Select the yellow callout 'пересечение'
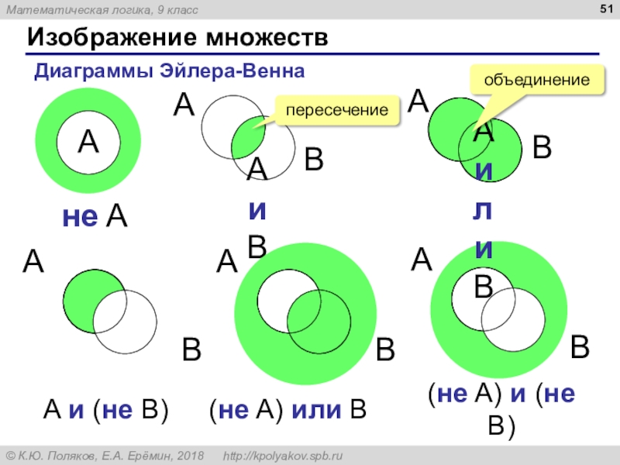pos(336,110)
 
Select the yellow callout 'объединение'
pos(537,80)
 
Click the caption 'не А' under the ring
pos(95,218)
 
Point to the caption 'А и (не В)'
pos(105,409)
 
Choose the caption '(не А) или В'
pos(287,409)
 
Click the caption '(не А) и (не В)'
pos(501,406)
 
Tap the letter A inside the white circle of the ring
pos(88,142)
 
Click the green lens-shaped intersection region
pos(249,136)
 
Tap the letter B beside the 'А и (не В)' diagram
pos(191,350)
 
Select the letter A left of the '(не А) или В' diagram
pos(226,261)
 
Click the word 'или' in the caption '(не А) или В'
pos(318,409)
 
